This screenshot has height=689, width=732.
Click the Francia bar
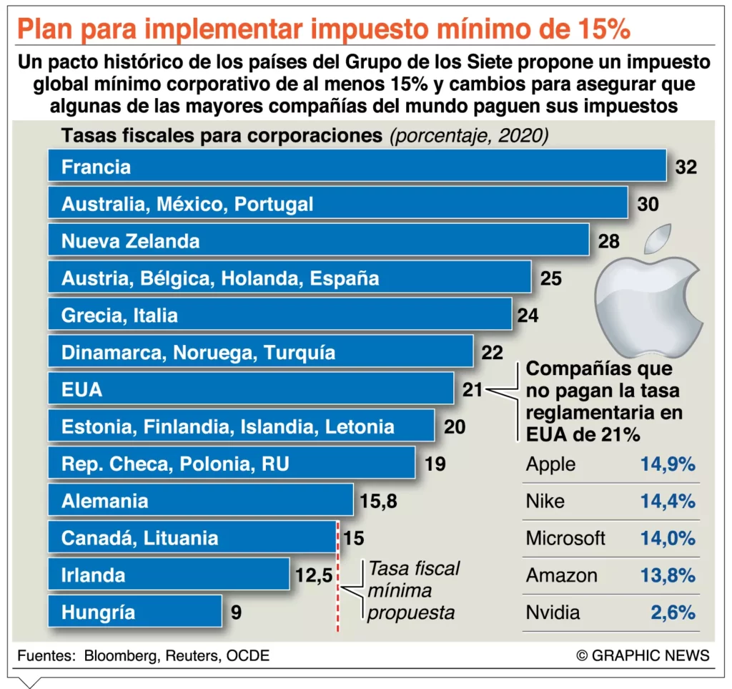click(x=357, y=167)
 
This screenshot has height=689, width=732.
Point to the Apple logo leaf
click(x=659, y=240)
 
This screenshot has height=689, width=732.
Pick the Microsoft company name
click(x=565, y=539)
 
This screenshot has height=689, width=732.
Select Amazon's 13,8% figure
click(x=668, y=576)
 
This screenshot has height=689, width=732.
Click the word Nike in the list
click(x=545, y=502)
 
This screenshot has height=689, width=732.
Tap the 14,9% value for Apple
click(x=668, y=464)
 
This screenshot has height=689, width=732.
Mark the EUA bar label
click(x=81, y=390)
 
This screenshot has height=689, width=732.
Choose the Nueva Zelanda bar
click(x=318, y=241)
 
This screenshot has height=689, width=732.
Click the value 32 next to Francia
click(x=686, y=167)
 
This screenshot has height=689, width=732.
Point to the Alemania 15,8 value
click(x=378, y=502)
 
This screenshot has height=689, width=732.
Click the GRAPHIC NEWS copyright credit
click(x=643, y=655)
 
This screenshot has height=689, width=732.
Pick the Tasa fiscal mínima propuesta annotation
click(x=413, y=591)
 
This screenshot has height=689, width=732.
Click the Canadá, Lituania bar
click(x=192, y=538)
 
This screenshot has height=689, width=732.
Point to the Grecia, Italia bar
click(x=280, y=316)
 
